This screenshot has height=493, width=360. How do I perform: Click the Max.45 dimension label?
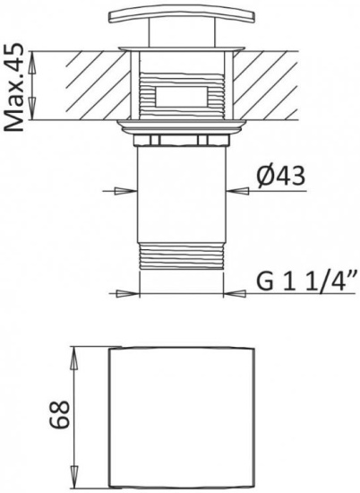[x=13, y=88]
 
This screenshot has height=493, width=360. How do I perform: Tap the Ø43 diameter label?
[x=280, y=176]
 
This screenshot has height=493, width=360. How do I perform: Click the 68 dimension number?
[x=59, y=415]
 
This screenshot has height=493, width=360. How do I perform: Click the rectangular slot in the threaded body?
[x=182, y=96]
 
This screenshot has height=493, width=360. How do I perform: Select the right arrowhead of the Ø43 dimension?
[x=237, y=191]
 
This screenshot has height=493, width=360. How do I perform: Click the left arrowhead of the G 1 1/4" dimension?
[x=127, y=294]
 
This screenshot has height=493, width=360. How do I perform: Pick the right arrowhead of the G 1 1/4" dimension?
[x=235, y=294]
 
